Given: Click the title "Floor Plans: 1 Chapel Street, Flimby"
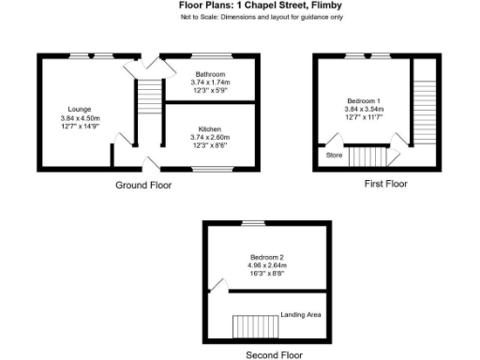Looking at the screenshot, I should pyautogui.click(x=260, y=6).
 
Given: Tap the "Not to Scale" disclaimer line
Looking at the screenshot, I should pyautogui.click(x=261, y=18).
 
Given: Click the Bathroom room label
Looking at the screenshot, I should pyautogui.click(x=209, y=74).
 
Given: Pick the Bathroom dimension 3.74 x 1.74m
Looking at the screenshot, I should pyautogui.click(x=209, y=82).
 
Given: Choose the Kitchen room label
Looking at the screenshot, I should pyautogui.click(x=209, y=129).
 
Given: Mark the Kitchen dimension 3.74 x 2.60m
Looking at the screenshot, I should pyautogui.click(x=209, y=138).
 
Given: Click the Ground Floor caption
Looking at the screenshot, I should pyautogui.click(x=143, y=185).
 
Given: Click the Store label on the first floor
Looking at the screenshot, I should pyautogui.click(x=334, y=156).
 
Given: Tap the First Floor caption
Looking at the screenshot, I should pyautogui.click(x=385, y=184).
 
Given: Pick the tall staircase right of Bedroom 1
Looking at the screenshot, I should pyautogui.click(x=425, y=108).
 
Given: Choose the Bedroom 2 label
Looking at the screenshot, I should pyautogui.click(x=267, y=256).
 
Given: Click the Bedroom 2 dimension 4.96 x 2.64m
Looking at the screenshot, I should pyautogui.click(x=267, y=264).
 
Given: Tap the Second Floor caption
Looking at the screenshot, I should pyautogui.click(x=274, y=354).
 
